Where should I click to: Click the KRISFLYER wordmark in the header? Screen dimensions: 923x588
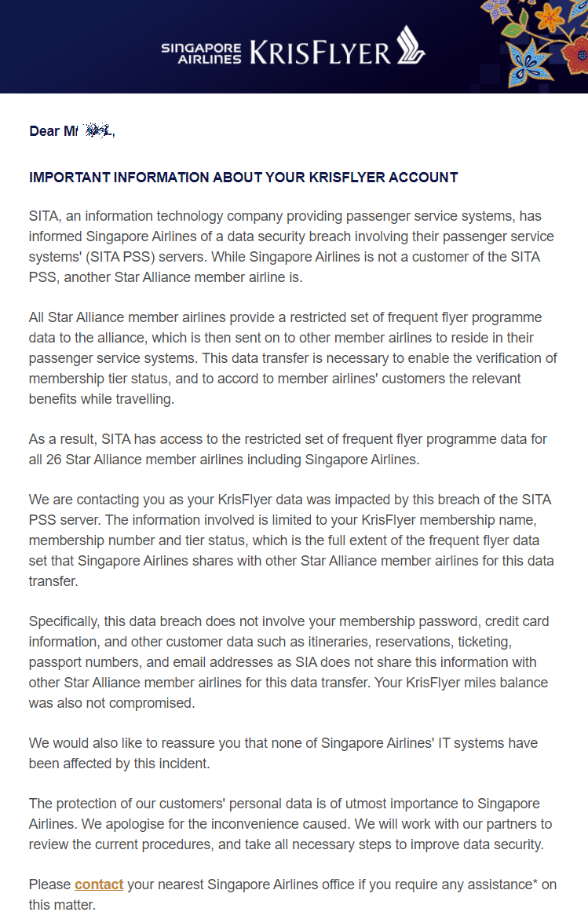[320, 53]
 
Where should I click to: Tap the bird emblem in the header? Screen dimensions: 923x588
[410, 45]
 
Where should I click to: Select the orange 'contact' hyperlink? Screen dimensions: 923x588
[99, 885]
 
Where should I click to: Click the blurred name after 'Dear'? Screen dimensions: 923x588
[97, 130]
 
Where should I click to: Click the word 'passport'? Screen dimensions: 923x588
[57, 662]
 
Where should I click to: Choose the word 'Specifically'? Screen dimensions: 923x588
[64, 621]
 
